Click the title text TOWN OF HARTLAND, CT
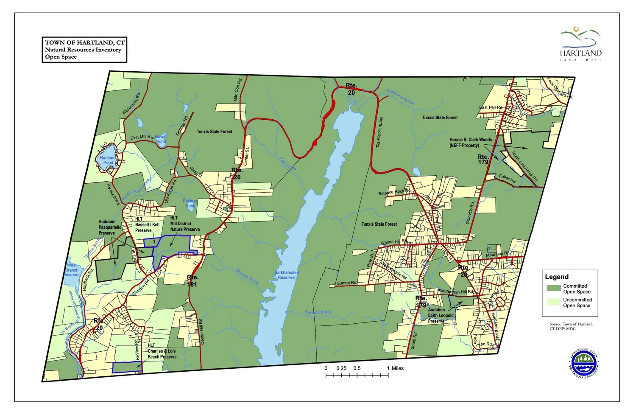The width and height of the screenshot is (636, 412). coord(84,42)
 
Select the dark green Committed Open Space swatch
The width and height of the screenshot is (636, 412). coord(553,288)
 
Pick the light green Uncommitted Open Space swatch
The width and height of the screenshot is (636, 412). coord(553,302)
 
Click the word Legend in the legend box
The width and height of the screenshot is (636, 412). coord(556,277)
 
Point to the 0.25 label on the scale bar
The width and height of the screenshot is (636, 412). coord(341,368)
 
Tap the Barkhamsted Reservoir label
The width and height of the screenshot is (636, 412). coord(287,275)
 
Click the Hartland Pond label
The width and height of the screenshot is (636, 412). coord(108,160)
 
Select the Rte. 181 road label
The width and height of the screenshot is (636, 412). coord(192,281)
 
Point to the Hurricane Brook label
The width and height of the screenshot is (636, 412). coord(400,97)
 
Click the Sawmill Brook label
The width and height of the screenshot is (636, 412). coord(247,276)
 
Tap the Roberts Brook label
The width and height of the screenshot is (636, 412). coord(318,312)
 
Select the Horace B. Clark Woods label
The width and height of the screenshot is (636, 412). coord(471,142)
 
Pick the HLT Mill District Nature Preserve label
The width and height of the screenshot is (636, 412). coord(184,224)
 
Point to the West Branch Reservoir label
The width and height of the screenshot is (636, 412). coord(72,270)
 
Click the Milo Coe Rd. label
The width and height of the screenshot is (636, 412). coord(237,90)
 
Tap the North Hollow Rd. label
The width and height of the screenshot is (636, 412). coord(379,132)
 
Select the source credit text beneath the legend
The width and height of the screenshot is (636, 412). coord(571,326)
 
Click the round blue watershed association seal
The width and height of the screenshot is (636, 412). coord(583,364)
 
